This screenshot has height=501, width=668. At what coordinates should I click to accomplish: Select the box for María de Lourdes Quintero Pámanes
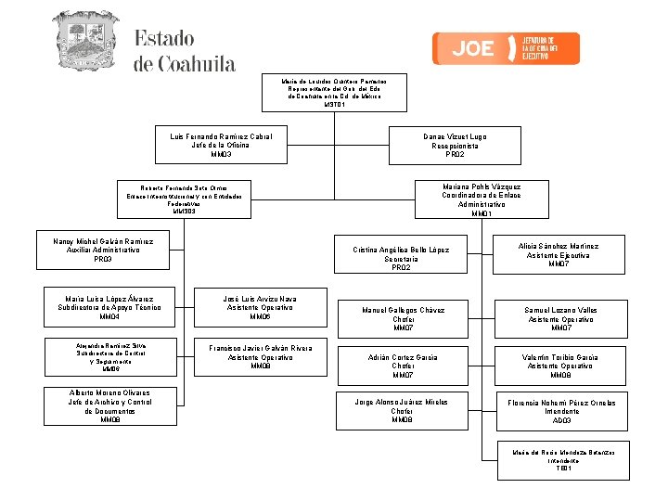[x=334, y=94]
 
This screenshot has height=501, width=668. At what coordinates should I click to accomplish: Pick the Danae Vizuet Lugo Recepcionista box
[x=454, y=146]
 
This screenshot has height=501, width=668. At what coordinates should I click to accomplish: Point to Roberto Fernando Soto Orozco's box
[x=184, y=199]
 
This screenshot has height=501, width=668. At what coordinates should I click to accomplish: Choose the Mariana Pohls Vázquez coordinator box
[x=481, y=200]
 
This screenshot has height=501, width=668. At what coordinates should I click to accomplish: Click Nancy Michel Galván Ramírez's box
[x=103, y=250]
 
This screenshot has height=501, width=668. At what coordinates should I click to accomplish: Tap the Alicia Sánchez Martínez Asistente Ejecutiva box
[x=559, y=255]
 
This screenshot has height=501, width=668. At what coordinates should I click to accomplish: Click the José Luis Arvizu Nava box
[x=260, y=308]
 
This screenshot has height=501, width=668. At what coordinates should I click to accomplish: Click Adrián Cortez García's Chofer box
[x=403, y=366]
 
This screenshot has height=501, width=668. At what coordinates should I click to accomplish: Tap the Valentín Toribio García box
[x=560, y=366]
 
